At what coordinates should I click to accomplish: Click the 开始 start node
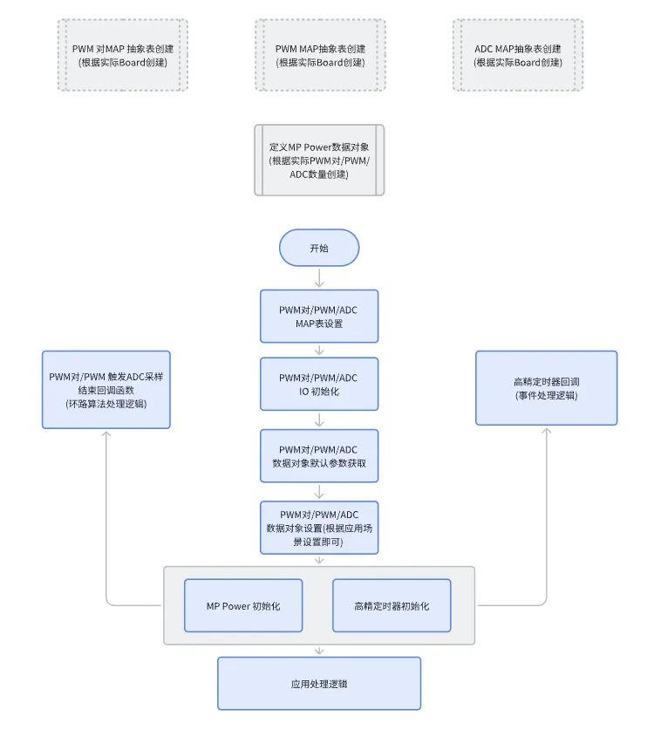click(x=319, y=248)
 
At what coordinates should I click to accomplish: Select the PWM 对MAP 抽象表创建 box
click(x=122, y=55)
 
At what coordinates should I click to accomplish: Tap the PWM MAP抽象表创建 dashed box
click(x=320, y=55)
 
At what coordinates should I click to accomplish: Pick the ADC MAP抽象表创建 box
click(x=518, y=55)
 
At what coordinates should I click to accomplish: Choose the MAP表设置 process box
click(x=319, y=316)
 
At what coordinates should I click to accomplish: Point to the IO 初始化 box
click(x=319, y=385)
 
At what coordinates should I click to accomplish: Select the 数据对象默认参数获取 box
click(x=319, y=456)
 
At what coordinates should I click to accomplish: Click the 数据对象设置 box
click(x=319, y=527)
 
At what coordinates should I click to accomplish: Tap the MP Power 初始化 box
click(x=242, y=605)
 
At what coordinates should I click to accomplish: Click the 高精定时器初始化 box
click(x=392, y=605)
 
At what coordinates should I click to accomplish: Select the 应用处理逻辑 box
click(x=319, y=683)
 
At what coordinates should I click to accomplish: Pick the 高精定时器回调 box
click(x=546, y=388)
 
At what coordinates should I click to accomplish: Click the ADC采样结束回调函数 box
click(x=106, y=389)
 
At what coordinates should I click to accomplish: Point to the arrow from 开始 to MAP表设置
click(x=319, y=277)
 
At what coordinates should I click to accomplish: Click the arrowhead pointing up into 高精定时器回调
click(x=547, y=432)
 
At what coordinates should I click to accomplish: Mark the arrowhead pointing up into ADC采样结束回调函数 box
click(x=106, y=434)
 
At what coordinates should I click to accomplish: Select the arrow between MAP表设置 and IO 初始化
click(x=319, y=350)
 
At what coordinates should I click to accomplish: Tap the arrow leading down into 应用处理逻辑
click(x=319, y=651)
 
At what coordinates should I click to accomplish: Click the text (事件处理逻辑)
click(x=546, y=395)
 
